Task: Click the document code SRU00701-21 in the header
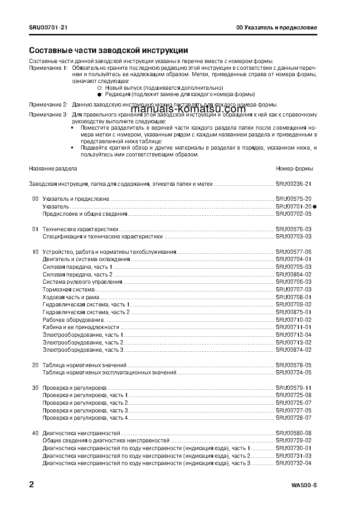coord(49,28)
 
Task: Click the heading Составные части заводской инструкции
coord(108,50)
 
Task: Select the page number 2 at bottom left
coord(31,485)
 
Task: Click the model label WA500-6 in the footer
coord(304,486)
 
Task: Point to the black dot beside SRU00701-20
coord(315,206)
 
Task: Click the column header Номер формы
coord(294,169)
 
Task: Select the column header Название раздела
coord(53,169)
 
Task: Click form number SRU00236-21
coord(293,184)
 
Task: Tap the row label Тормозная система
coord(68,289)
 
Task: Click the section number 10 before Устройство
coord(35,252)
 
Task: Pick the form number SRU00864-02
coord(293,274)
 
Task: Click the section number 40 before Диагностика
coord(35,433)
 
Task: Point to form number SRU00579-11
coord(293,388)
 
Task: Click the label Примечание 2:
coord(48,104)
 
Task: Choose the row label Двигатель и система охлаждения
coord(86,259)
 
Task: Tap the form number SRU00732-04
coord(293,463)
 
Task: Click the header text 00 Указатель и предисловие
coord(276,28)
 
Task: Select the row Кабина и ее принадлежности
coord(81,327)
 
